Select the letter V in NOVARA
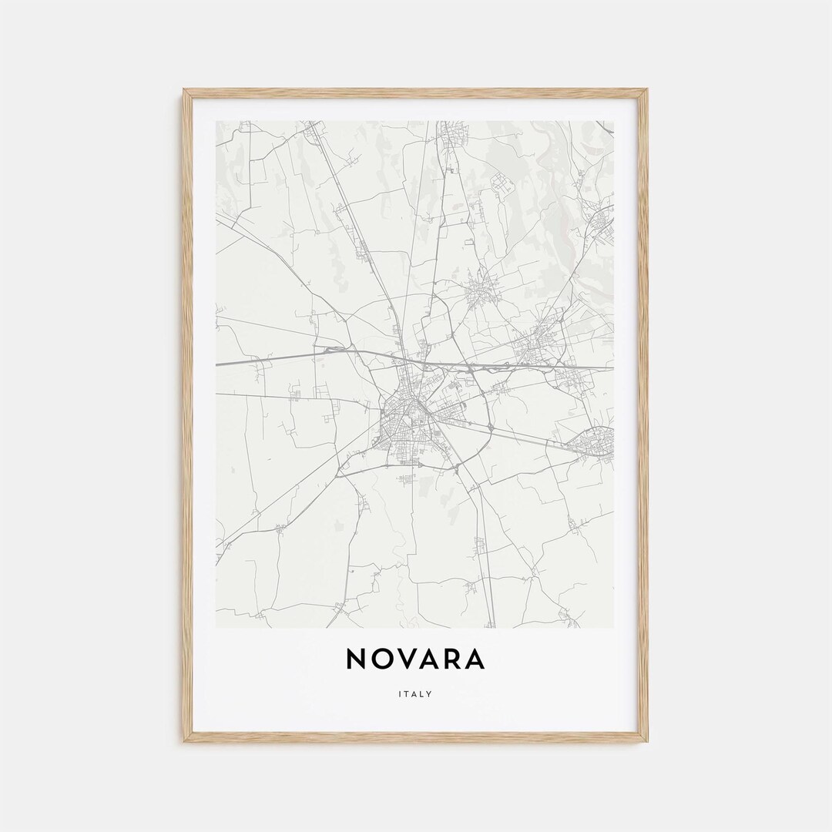pyautogui.click(x=408, y=659)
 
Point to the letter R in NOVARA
pyautogui.click(x=455, y=659)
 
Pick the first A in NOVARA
pyautogui.click(x=431, y=659)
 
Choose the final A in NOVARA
pyautogui.click(x=477, y=659)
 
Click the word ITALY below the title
pyautogui.click(x=416, y=694)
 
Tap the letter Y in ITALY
pyautogui.click(x=430, y=694)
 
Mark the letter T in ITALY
pyautogui.click(x=408, y=694)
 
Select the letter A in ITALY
pyautogui.click(x=415, y=694)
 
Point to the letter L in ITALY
pyautogui.click(x=423, y=694)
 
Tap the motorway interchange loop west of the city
pyautogui.click(x=334, y=351)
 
